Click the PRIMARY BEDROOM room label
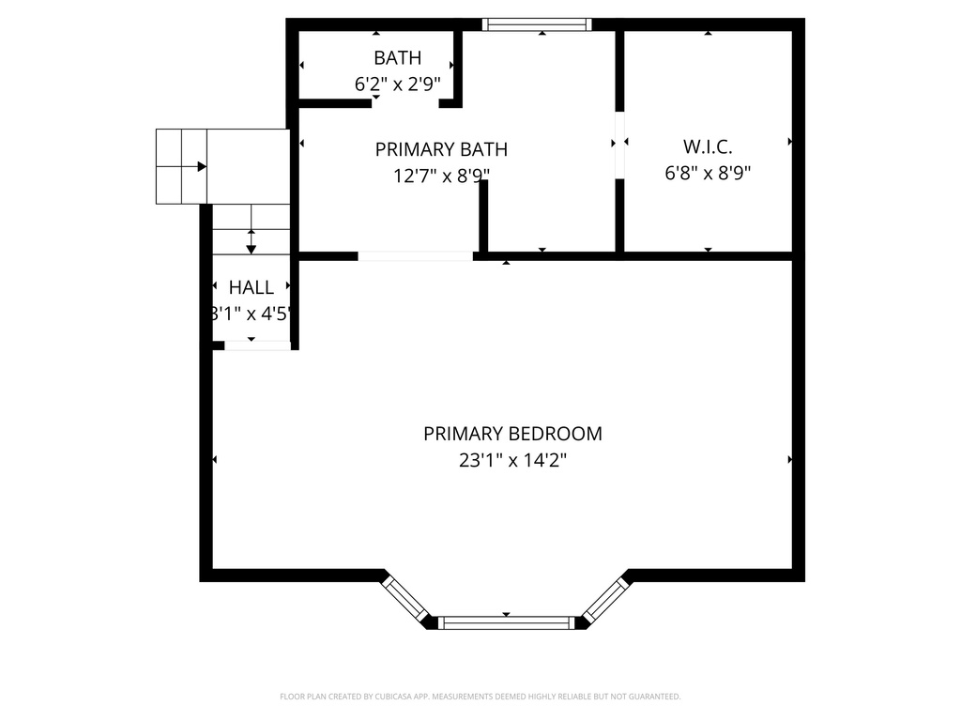(512, 434)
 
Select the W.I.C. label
(707, 146)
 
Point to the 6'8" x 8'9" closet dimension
(707, 173)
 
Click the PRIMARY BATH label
(441, 149)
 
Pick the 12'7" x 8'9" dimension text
(441, 175)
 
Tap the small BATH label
(397, 58)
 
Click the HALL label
(252, 288)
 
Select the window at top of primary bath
(537, 24)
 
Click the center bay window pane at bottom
(506, 621)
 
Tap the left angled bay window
(404, 597)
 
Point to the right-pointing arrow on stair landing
(201, 166)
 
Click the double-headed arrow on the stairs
(252, 240)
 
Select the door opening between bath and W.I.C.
(619, 145)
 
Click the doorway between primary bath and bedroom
(415, 255)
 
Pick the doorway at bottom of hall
(257, 345)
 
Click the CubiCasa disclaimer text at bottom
(480, 697)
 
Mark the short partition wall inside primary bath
(483, 216)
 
